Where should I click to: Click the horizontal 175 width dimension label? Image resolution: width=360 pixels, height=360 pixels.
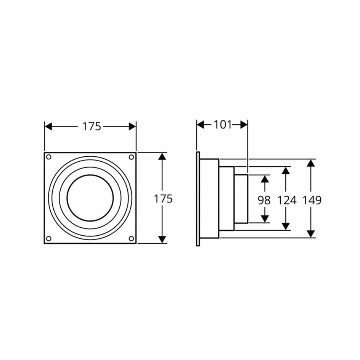(92, 127)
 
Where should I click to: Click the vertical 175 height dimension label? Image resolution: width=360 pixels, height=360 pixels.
(163, 199)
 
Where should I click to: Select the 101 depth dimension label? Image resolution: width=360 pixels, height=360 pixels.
(223, 125)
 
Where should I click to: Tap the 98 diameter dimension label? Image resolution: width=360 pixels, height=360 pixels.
(264, 200)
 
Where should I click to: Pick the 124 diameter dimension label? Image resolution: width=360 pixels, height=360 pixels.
(287, 200)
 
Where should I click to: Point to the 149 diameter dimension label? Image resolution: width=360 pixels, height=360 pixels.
(312, 200)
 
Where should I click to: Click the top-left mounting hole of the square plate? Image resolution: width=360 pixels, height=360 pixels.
(49, 157)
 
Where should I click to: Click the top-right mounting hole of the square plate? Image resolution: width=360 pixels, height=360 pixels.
(131, 157)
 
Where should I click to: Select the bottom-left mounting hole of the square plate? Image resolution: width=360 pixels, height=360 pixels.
(49, 239)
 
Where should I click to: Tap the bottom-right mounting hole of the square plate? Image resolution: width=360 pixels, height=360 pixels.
(131, 239)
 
